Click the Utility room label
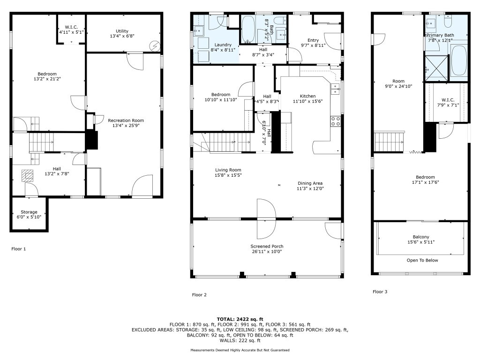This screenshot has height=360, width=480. pyautogui.click(x=122, y=31)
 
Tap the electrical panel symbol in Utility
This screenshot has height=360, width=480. pyautogui.click(x=154, y=46)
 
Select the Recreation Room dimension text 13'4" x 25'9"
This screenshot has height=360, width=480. pyautogui.click(x=126, y=126)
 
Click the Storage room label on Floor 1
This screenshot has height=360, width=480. pyautogui.click(x=29, y=212)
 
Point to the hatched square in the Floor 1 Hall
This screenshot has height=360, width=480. pyautogui.click(x=28, y=175)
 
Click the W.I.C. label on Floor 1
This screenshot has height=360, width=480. pyautogui.click(x=71, y=27)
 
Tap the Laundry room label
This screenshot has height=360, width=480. pyautogui.click(x=223, y=45)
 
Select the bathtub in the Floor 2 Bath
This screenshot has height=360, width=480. pyautogui.click(x=248, y=30)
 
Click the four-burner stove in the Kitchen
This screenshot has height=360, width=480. pyautogui.click(x=336, y=121)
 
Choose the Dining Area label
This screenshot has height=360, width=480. pyautogui.click(x=310, y=183)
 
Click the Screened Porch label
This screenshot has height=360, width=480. pyautogui.click(x=267, y=246)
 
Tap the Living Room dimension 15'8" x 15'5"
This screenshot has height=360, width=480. pyautogui.click(x=228, y=175)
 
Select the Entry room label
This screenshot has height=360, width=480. pyautogui.click(x=313, y=40)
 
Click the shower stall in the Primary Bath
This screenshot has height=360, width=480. pyautogui.click(x=436, y=69)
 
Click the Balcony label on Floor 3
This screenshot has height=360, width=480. pyautogui.click(x=421, y=237)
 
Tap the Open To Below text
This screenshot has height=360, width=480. pyautogui.click(x=422, y=260)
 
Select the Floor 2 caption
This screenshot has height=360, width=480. pyautogui.click(x=199, y=295)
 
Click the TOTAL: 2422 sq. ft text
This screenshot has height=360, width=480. pyautogui.click(x=240, y=319)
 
